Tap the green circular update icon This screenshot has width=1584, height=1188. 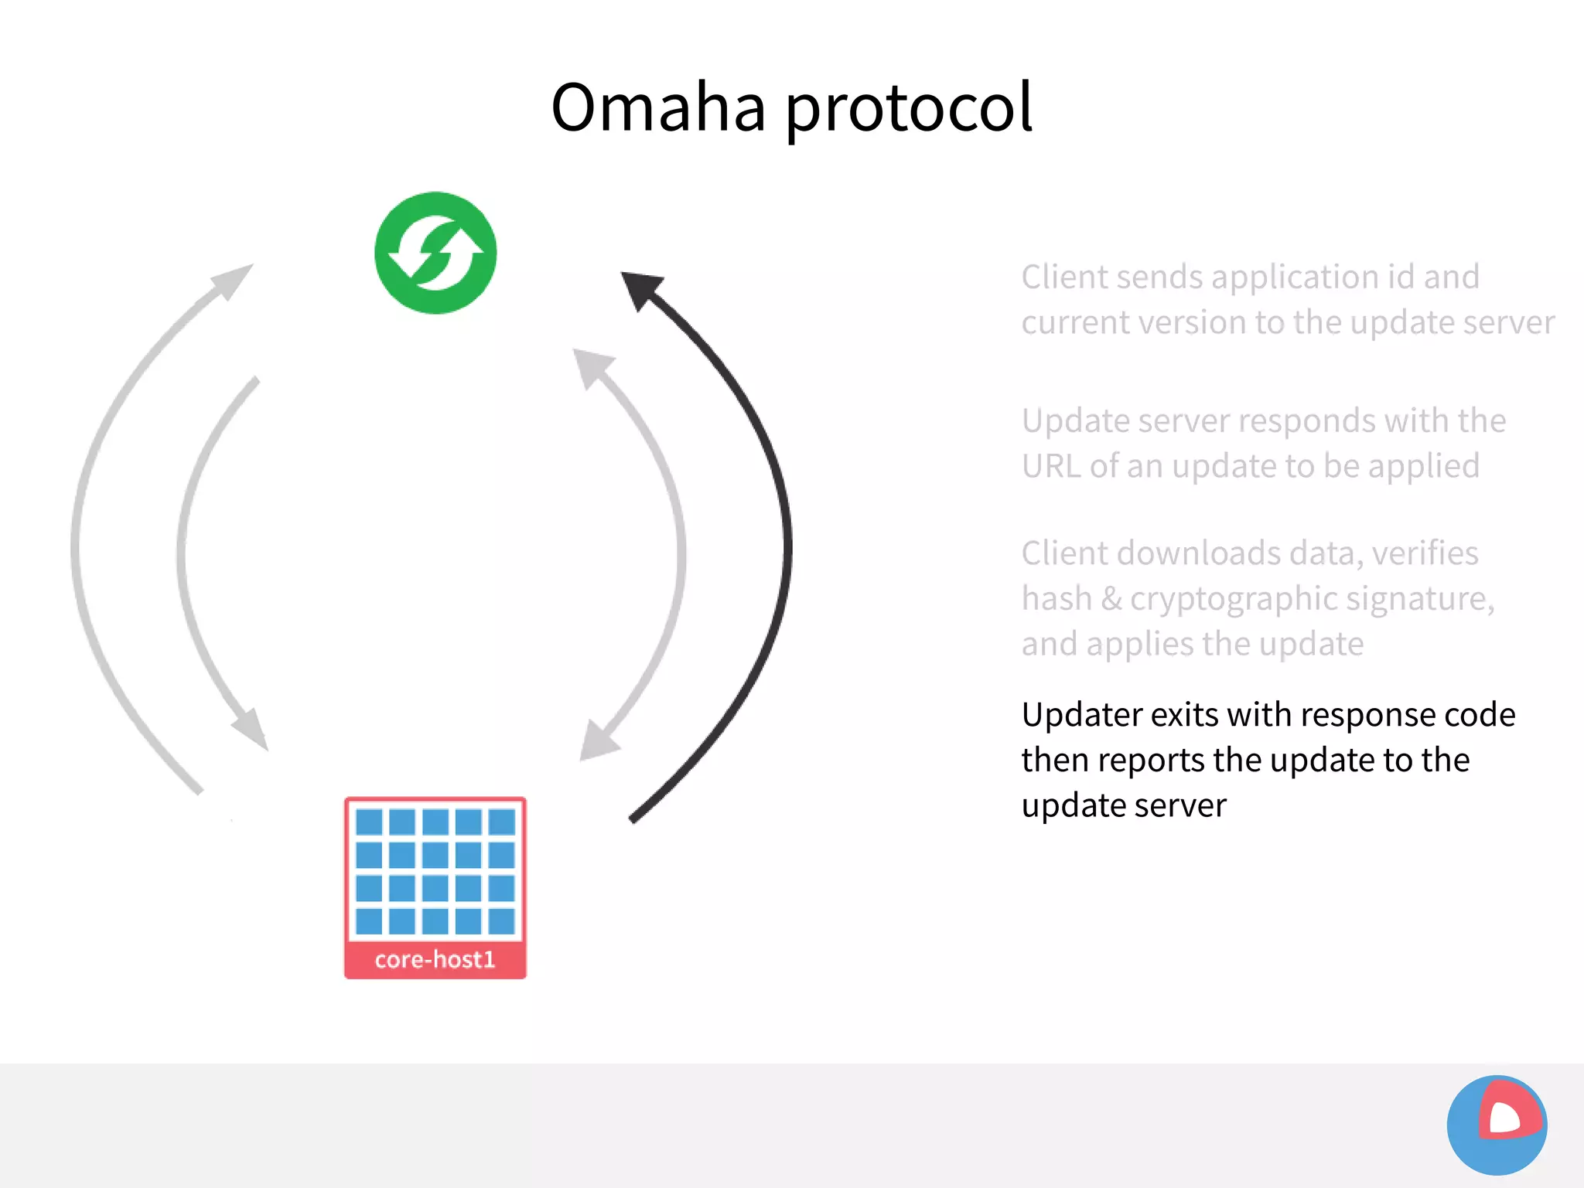[435, 253]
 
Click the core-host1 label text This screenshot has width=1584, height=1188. [435, 959]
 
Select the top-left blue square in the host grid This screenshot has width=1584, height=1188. [369, 822]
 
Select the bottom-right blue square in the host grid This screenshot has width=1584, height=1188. [502, 921]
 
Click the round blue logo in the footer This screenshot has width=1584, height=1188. [1497, 1125]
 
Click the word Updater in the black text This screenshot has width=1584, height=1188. [1080, 714]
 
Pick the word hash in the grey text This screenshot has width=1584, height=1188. [1057, 598]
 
